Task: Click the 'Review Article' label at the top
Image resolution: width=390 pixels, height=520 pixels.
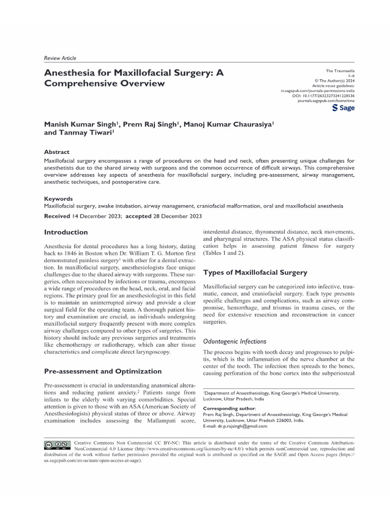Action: tap(60, 58)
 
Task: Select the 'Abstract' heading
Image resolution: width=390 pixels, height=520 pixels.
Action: tap(56, 152)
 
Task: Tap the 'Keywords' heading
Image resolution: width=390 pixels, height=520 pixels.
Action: tap(58, 199)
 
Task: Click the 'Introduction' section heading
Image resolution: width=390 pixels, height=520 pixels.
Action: tap(66, 232)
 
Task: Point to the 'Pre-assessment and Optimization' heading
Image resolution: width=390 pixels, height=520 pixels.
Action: tap(103, 371)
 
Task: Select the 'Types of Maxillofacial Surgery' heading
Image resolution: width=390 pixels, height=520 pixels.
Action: tap(255, 272)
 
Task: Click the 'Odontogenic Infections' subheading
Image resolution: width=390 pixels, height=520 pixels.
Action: tap(235, 341)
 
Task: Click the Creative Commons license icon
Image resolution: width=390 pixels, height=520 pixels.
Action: tap(57, 445)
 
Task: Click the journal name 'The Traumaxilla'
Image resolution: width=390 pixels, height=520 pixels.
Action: tap(340, 71)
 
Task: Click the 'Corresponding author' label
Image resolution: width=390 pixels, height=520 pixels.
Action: tap(230, 408)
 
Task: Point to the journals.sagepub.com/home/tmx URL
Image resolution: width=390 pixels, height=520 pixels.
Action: tap(326, 101)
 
